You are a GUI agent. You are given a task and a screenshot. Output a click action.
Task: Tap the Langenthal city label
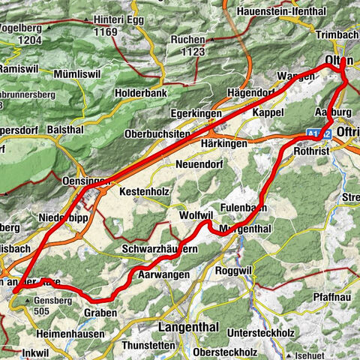tap(186, 327)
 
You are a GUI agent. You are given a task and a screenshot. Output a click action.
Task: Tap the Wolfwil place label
tap(196, 214)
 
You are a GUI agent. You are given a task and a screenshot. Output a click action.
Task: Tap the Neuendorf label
tap(199, 163)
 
